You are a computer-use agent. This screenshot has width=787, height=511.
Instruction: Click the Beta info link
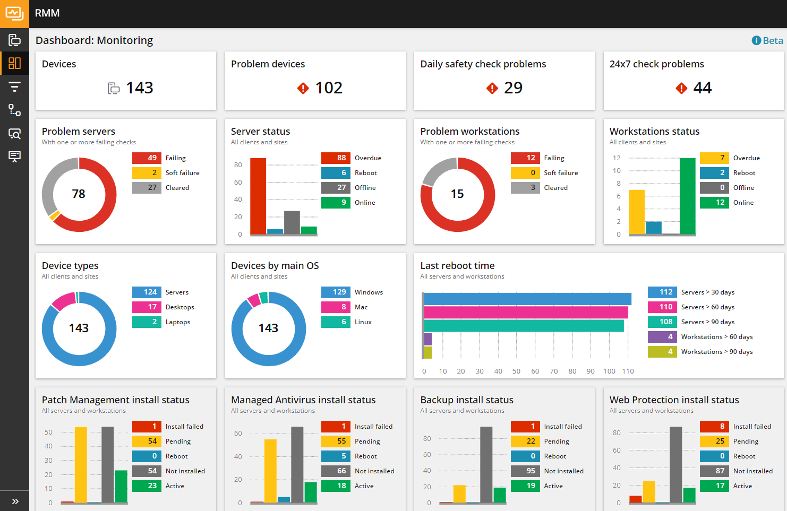(x=767, y=41)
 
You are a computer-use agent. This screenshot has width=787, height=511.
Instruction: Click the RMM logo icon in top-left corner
(x=14, y=14)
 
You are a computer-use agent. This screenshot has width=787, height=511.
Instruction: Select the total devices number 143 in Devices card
(x=140, y=88)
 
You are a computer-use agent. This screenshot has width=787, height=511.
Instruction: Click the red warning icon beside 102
(x=303, y=88)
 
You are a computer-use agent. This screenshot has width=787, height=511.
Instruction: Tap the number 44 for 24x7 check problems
(x=702, y=88)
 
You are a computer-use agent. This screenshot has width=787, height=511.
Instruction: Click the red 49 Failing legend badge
(x=147, y=158)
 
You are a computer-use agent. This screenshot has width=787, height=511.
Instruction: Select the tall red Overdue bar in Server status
(x=258, y=196)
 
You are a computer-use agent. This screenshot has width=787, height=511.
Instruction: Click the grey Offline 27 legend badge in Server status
(x=336, y=188)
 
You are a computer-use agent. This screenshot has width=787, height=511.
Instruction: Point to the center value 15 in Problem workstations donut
(x=457, y=194)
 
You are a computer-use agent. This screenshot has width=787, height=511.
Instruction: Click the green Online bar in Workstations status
(x=687, y=196)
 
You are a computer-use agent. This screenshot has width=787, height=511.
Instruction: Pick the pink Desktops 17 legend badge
(x=147, y=307)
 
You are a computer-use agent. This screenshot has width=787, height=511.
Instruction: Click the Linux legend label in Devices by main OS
(x=363, y=322)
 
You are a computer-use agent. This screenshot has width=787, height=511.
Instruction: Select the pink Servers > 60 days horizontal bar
(x=526, y=312)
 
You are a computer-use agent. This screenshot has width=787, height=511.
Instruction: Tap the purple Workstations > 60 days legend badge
(x=662, y=337)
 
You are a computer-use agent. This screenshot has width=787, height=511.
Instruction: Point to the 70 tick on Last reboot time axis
(x=554, y=371)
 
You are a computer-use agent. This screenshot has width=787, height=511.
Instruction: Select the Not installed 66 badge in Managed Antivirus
(x=336, y=471)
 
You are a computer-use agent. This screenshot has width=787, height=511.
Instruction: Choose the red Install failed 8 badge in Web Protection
(x=714, y=427)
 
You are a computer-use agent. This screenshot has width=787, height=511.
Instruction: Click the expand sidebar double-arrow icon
(x=15, y=501)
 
